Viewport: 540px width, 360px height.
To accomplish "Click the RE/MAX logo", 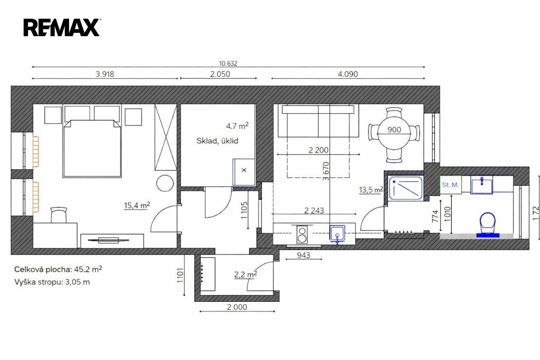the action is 62,27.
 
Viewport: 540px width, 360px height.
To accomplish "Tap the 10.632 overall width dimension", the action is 228,63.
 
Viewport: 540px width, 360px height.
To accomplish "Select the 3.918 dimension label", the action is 105,74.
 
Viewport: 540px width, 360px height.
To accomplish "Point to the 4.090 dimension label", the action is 348,74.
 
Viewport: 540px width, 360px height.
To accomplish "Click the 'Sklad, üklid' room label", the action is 217,141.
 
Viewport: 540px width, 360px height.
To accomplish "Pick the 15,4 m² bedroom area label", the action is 137,205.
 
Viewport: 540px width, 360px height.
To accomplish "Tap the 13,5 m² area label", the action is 371,190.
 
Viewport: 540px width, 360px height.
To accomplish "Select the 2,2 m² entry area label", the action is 246,274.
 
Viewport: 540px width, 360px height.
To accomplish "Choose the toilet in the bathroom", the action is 488,225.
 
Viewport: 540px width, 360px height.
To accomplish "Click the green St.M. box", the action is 451,185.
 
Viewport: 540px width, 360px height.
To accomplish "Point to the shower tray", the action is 406,188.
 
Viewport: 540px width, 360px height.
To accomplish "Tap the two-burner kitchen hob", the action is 302,234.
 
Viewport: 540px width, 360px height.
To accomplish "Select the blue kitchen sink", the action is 337,233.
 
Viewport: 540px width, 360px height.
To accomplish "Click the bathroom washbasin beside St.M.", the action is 482,185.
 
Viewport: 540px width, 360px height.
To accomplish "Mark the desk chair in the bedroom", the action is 59,215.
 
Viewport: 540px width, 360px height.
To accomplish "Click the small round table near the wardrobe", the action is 165,183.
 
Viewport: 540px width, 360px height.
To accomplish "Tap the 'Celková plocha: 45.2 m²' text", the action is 58,269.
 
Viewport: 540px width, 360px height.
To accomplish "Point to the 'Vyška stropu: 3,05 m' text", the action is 52,282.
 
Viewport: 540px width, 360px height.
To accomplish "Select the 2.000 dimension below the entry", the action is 237,307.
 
